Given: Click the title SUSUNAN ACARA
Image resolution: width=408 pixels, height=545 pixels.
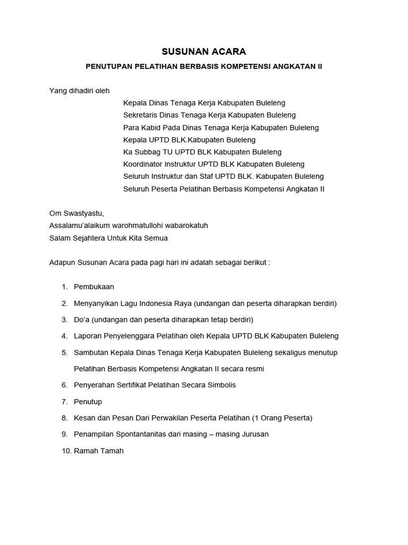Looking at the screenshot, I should pos(204,52).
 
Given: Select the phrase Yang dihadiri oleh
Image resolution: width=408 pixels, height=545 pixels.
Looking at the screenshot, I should pos(79,91).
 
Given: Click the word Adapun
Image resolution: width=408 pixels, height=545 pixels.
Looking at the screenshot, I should pos(63,263).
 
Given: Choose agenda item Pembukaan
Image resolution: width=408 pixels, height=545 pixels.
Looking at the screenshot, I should pos(94,287).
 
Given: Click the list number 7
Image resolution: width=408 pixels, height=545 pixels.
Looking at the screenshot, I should pos(64,401).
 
